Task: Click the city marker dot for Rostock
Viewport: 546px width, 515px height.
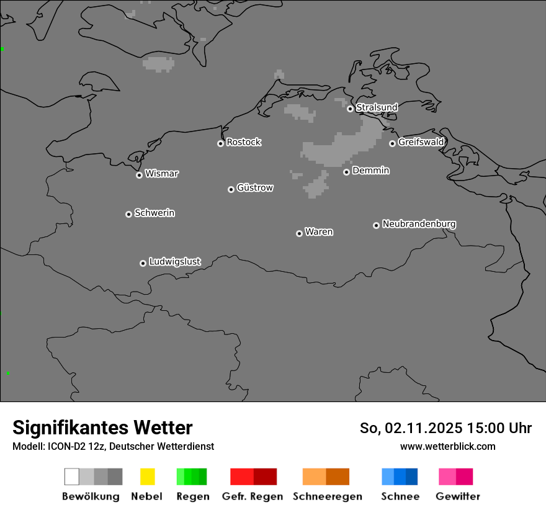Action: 220,143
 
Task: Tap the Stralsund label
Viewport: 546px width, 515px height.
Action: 377,107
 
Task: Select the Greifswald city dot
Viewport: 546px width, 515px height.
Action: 392,143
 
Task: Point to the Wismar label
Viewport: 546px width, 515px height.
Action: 161,174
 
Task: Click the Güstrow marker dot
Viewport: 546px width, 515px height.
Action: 231,189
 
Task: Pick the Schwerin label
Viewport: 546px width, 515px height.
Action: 154,213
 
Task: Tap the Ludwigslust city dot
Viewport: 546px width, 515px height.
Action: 143,263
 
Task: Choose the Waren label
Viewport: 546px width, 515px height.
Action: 319,232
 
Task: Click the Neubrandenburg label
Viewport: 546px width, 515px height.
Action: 419,223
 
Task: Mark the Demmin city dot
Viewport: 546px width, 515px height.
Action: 346,172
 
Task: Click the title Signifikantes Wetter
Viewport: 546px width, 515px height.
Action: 102,428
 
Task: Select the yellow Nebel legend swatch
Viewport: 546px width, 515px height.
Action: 147,477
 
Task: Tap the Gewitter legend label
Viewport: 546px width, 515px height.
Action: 458,496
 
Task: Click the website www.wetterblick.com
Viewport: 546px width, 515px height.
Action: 447,446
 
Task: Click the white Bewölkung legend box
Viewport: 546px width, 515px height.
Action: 71,477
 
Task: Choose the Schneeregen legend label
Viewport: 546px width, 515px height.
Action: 328,496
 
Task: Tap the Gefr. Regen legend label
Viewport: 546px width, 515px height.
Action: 252,496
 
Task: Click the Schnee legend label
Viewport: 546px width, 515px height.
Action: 400,496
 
